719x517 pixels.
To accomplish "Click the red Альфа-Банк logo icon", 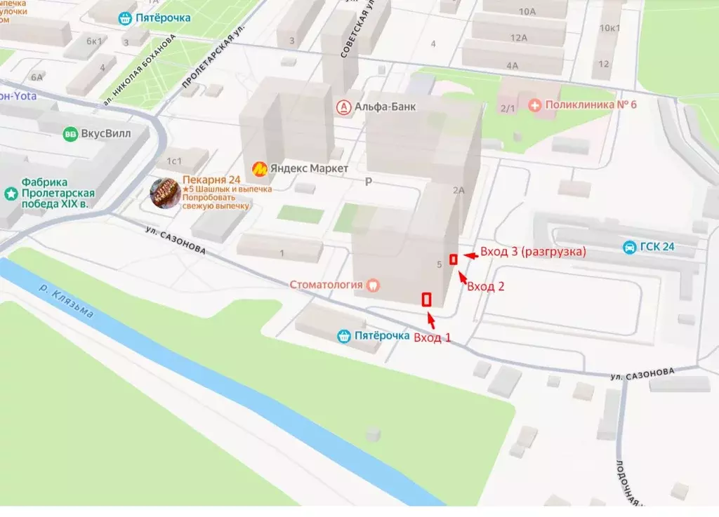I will point(344,107).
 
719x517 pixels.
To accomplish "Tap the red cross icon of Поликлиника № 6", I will point(535,105).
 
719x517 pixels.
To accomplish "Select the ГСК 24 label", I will point(657,247).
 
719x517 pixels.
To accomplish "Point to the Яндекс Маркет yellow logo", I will point(260,168).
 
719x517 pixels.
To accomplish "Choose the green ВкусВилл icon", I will point(70,134).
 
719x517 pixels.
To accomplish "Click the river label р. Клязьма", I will point(66,301).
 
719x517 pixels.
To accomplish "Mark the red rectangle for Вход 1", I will point(426,300).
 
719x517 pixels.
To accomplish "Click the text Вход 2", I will point(485,286).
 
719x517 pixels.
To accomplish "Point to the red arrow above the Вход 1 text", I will point(431,322).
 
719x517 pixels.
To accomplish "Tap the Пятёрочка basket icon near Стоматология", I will point(343,336).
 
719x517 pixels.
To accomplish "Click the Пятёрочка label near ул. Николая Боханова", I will point(163,18).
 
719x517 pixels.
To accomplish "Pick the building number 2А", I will point(459,190).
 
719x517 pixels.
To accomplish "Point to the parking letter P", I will point(368,182).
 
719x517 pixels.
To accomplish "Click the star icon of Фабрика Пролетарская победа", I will point(11,193).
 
